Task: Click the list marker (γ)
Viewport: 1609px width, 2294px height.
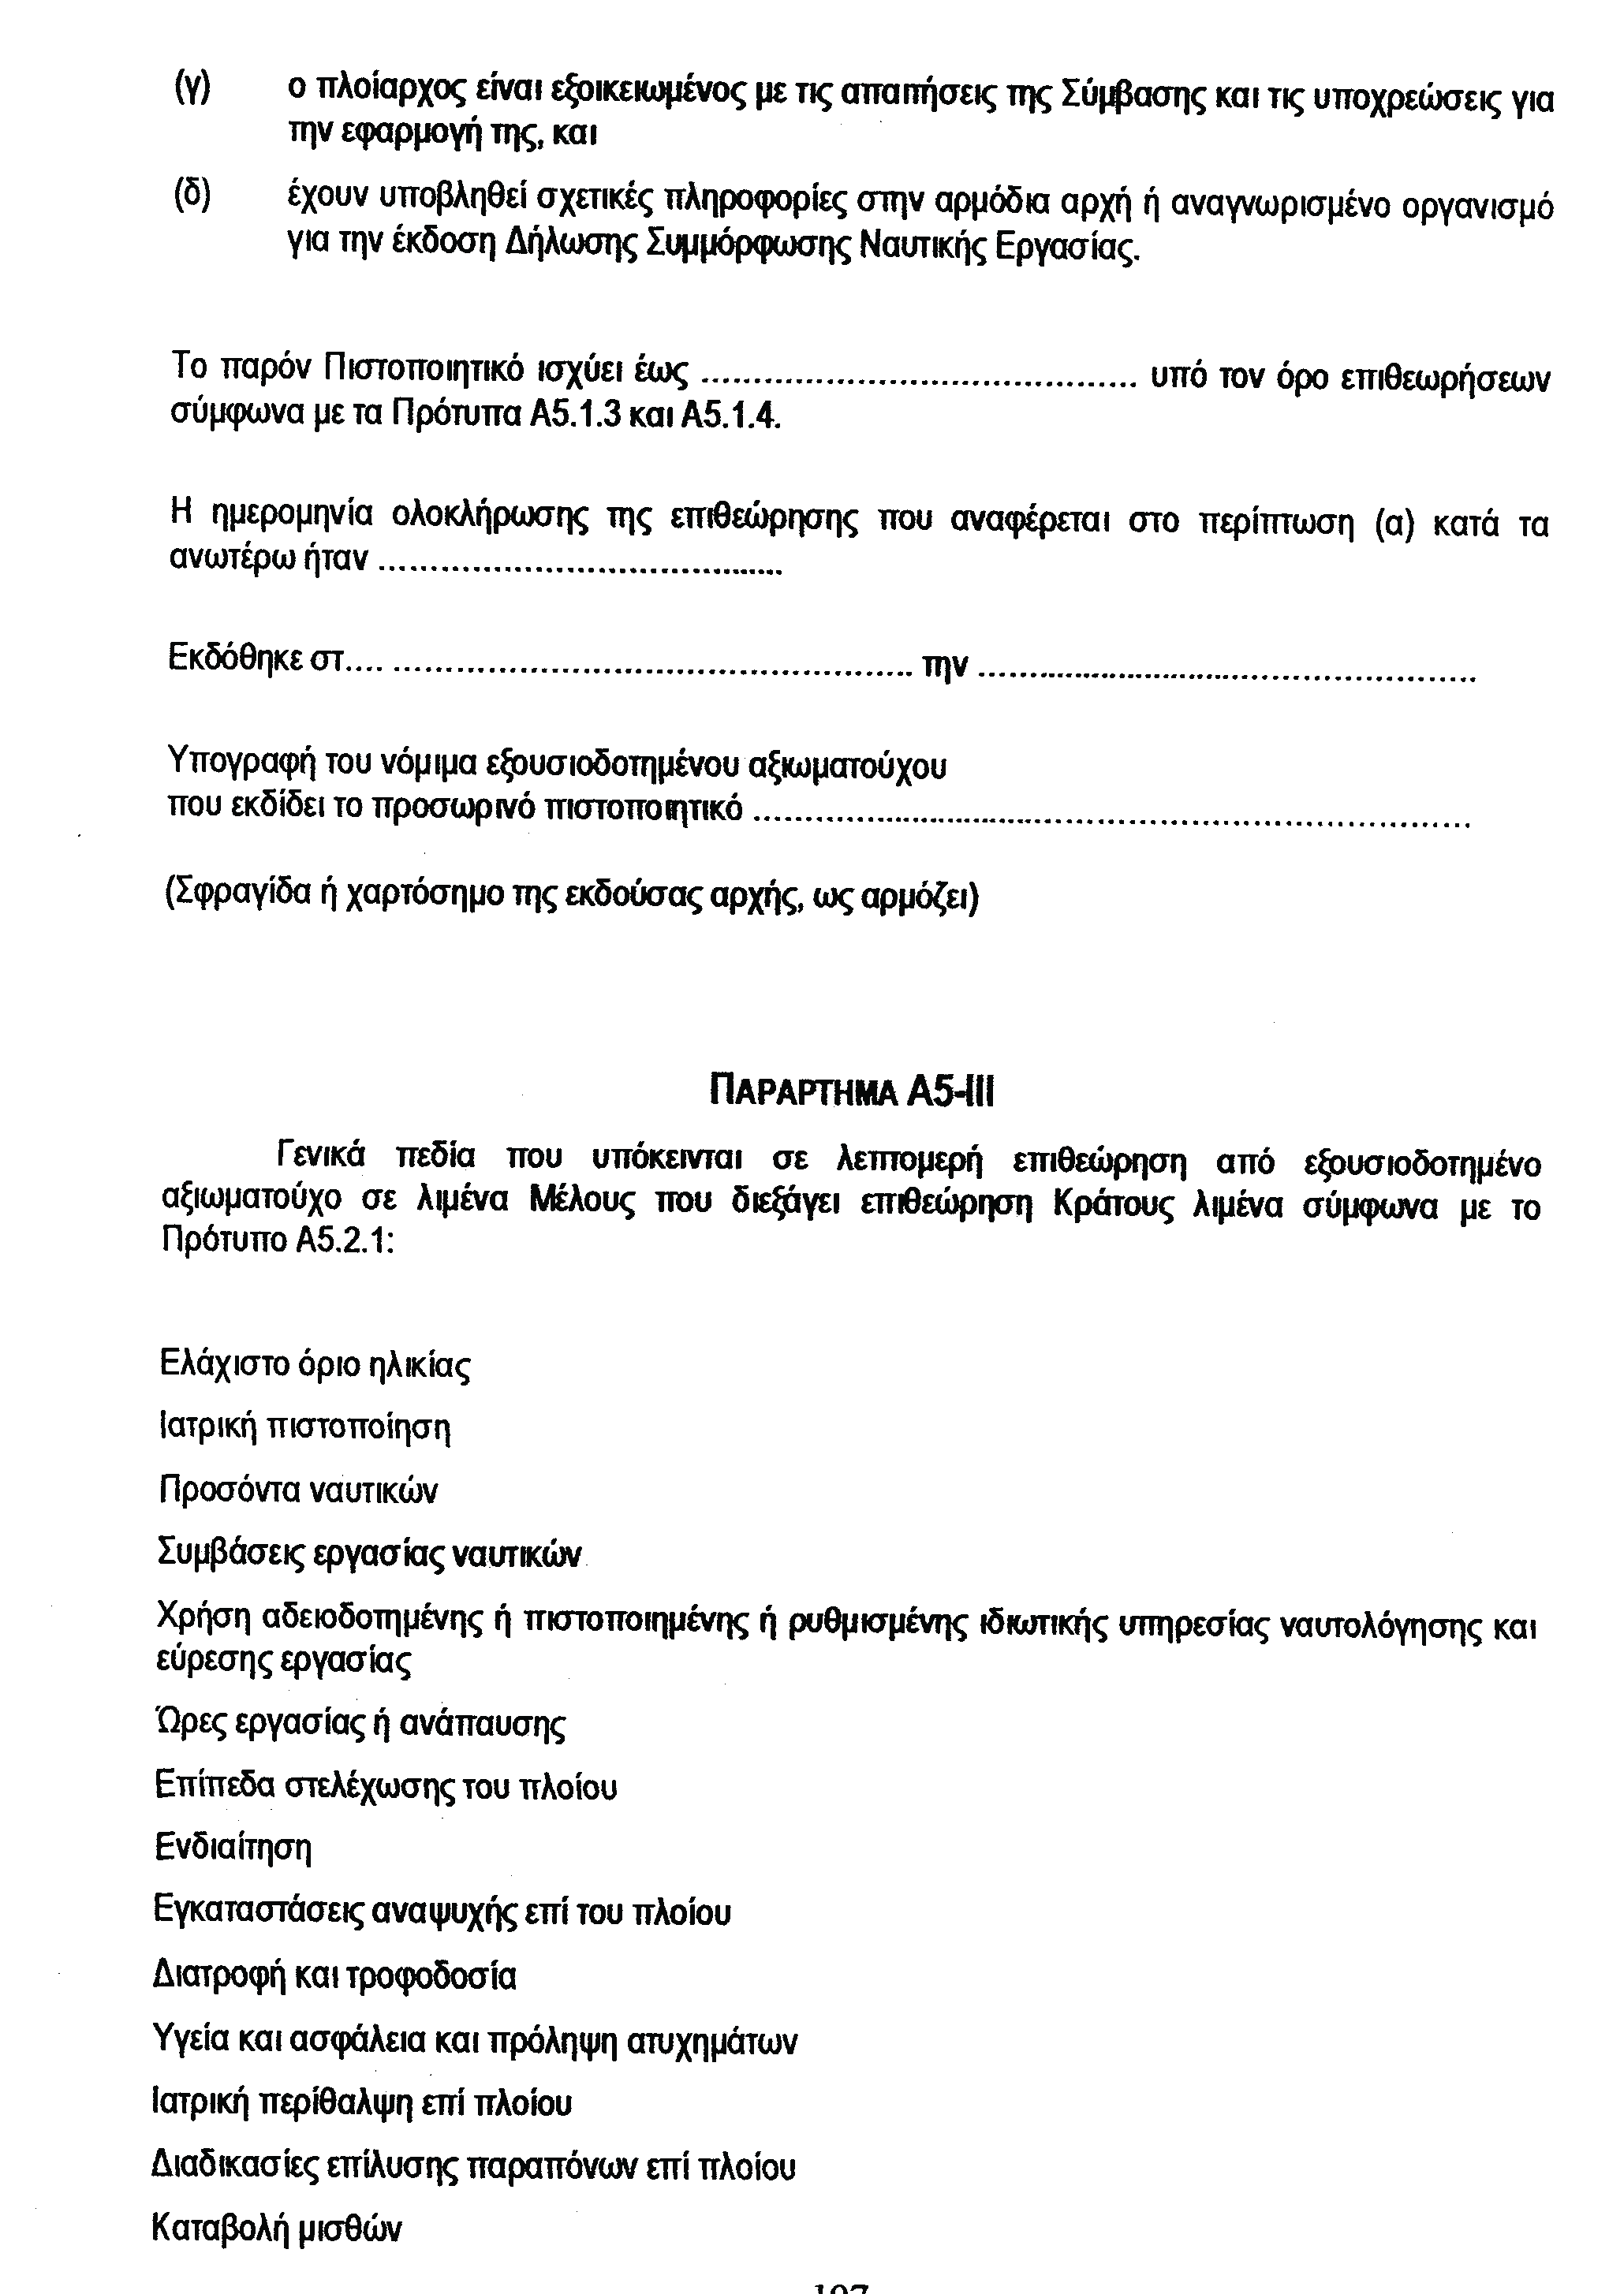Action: click(x=192, y=91)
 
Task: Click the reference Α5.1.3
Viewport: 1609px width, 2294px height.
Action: click(x=575, y=415)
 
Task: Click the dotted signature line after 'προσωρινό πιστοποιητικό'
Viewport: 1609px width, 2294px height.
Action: click(x=1109, y=824)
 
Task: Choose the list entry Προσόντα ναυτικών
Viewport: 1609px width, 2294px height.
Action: click(x=298, y=1490)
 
